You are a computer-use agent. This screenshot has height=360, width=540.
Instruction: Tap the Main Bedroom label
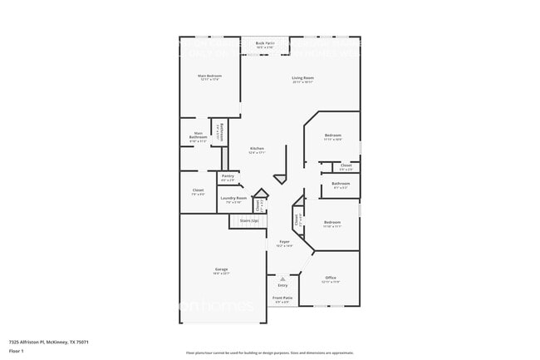(209, 77)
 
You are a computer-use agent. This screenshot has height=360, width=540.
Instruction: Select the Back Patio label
(265, 44)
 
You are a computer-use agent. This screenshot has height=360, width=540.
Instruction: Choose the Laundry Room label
(233, 200)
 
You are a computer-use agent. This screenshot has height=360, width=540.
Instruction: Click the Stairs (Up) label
(249, 221)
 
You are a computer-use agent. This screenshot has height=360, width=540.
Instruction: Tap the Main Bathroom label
(199, 136)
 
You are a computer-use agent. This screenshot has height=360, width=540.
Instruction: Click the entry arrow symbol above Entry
(282, 279)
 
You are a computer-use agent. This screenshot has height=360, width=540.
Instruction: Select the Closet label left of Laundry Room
(198, 192)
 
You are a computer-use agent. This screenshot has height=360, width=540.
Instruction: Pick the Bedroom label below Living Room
(332, 136)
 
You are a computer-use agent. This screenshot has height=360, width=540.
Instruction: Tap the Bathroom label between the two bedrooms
(341, 185)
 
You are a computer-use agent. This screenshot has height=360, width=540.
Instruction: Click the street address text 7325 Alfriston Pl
(49, 342)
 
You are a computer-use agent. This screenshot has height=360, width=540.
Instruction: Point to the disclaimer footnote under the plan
(269, 353)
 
